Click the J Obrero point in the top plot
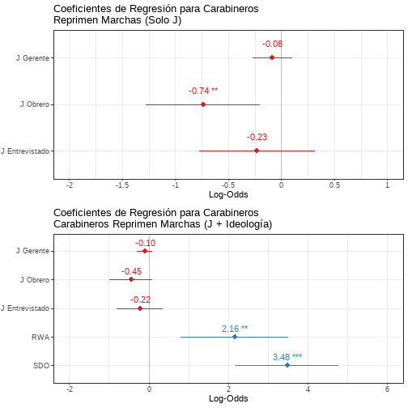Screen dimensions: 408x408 [x=203, y=104]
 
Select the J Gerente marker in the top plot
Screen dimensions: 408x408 [x=272, y=57]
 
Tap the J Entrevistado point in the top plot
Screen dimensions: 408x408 [x=257, y=151]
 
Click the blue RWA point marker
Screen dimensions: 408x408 [x=235, y=337]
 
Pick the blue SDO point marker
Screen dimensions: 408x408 [x=287, y=365]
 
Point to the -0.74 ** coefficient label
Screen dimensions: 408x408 [x=203, y=91]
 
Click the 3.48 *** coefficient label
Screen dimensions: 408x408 [x=287, y=357]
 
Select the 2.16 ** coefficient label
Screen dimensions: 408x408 [x=235, y=329]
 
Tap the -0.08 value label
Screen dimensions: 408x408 [x=272, y=44]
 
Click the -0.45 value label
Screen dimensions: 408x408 [x=131, y=271]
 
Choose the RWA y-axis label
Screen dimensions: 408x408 [x=40, y=338]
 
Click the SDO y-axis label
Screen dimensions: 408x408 [x=41, y=366]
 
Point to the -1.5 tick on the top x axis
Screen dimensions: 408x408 [x=122, y=185]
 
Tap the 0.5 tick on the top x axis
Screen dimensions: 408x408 [x=334, y=185]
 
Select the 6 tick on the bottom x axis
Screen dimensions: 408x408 [x=388, y=389]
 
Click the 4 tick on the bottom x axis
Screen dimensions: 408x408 [x=308, y=389]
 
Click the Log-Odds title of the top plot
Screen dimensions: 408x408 [x=228, y=194]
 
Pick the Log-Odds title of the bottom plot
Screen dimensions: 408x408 [x=228, y=398]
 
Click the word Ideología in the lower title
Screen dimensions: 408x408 [x=249, y=224]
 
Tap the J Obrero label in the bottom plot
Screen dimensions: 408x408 [x=35, y=280]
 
